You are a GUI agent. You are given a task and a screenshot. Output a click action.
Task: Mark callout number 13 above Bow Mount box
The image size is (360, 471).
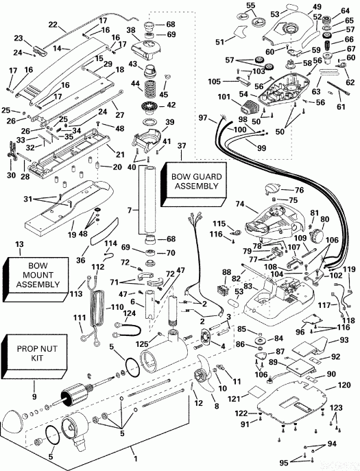[x=19, y=245]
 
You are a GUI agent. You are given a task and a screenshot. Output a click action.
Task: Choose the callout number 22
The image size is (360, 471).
[x=52, y=25]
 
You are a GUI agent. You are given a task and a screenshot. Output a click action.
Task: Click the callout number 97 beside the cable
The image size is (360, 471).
[x=203, y=119]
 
